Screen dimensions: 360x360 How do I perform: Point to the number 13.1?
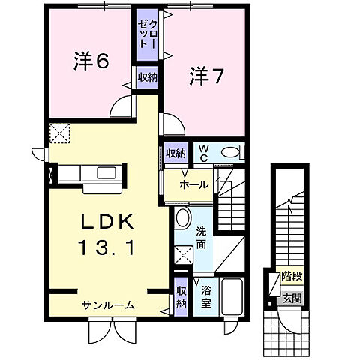click(x=106, y=247)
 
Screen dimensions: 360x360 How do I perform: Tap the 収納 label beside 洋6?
click(x=147, y=77)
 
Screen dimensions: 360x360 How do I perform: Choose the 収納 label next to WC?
click(x=175, y=153)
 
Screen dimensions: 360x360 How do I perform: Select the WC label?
click(x=202, y=152)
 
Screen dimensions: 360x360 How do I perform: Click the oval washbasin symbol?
click(x=182, y=219)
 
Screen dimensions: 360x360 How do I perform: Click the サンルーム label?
click(x=109, y=304)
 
